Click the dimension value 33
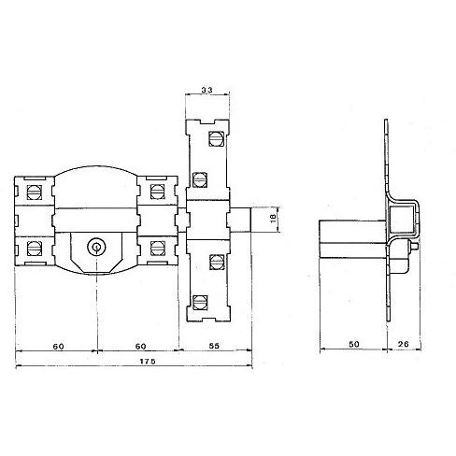pyautogui.click(x=207, y=90)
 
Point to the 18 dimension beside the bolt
pyautogui.click(x=274, y=219)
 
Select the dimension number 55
pyautogui.click(x=215, y=346)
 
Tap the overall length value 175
pyautogui.click(x=148, y=362)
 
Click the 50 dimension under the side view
pyautogui.click(x=354, y=344)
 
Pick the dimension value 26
pyautogui.click(x=403, y=344)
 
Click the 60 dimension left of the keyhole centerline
pyautogui.click(x=58, y=347)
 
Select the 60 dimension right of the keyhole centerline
pyautogui.click(x=140, y=347)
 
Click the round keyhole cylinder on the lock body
pyautogui.click(x=96, y=248)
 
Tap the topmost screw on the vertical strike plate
pyautogui.click(x=216, y=138)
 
